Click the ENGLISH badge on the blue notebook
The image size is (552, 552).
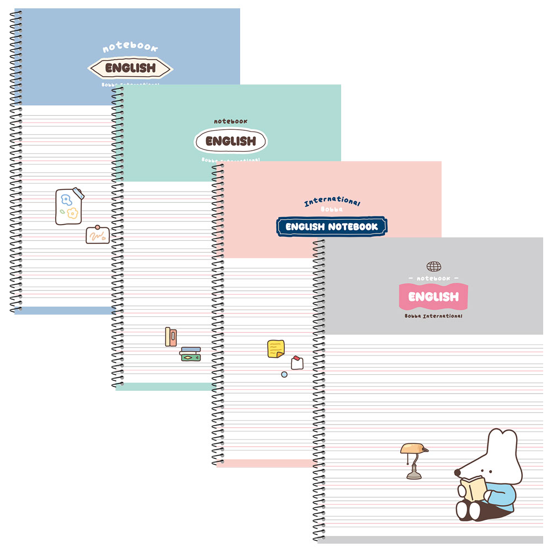[x=130, y=68]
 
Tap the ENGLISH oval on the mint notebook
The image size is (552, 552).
[x=231, y=141]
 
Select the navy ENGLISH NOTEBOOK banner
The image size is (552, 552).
[x=332, y=226]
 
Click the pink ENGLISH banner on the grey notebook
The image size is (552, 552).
[x=433, y=296]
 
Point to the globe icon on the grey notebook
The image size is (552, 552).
[x=434, y=267]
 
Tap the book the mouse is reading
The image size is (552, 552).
[x=473, y=489]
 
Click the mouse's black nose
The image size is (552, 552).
[x=457, y=473]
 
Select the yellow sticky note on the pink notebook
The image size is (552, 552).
[x=275, y=348]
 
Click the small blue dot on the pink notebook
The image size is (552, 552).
[x=284, y=374]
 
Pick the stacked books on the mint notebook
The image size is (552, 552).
[x=190, y=354]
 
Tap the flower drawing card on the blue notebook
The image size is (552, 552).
[x=69, y=206]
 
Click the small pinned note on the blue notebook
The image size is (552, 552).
[x=97, y=235]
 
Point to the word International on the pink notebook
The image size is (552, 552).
[x=332, y=202]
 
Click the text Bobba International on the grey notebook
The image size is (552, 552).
[x=433, y=316]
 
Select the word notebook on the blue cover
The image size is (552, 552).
[x=130, y=47]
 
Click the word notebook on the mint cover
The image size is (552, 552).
[x=231, y=121]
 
